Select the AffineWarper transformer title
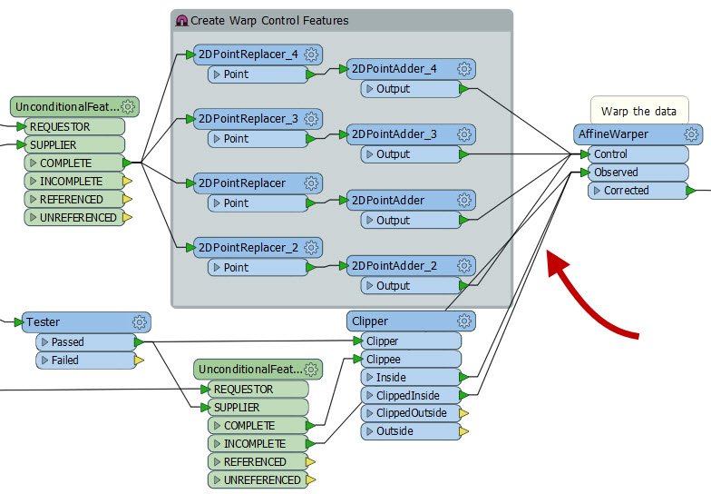click(613, 134)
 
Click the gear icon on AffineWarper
click(691, 134)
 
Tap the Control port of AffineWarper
click(611, 154)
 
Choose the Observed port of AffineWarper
click(616, 173)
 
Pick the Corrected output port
click(626, 191)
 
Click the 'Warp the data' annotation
click(638, 111)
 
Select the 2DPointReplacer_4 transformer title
click(248, 54)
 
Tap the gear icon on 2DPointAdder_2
click(465, 265)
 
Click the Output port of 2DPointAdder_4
click(394, 89)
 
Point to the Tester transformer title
click(44, 321)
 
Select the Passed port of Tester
click(68, 342)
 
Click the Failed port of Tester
click(65, 361)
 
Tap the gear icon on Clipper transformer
click(465, 321)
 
